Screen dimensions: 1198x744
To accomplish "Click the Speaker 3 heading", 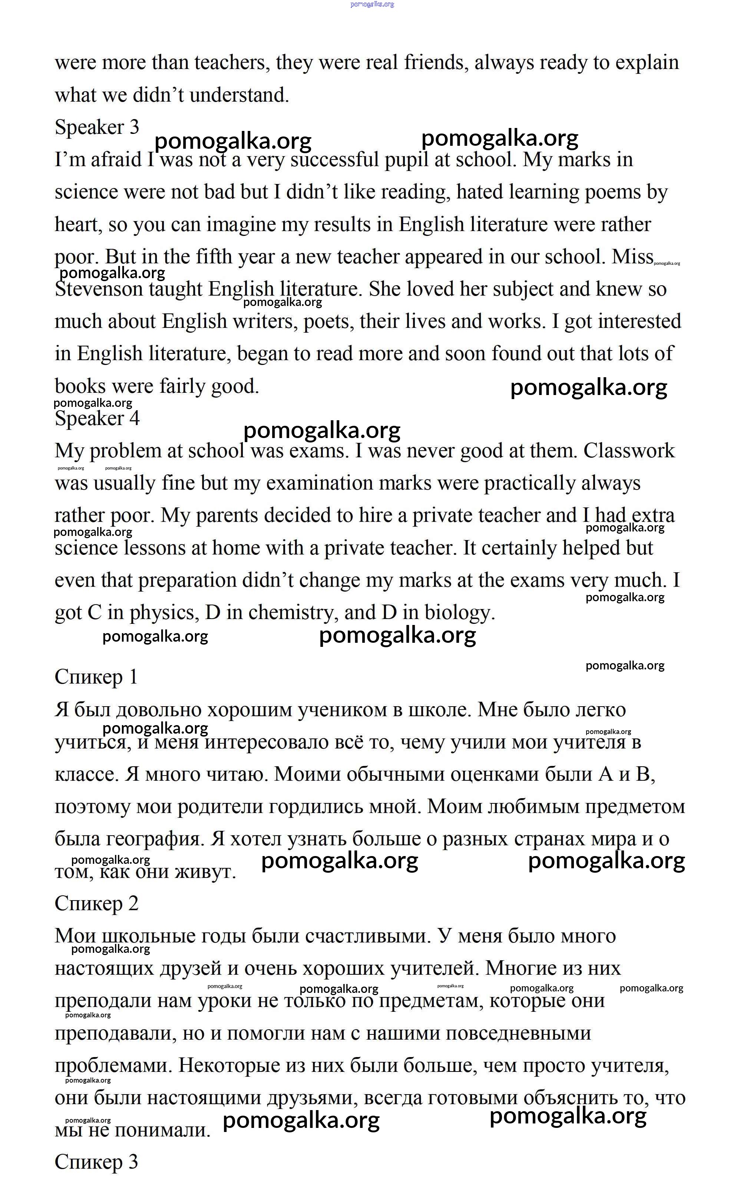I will (97, 127).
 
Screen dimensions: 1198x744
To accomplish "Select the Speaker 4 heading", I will (97, 418).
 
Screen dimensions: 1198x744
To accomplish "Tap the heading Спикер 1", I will (96, 677).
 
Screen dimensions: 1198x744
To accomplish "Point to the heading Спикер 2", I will (96, 903).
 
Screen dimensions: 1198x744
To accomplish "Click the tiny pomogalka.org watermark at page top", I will (372, 4).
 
